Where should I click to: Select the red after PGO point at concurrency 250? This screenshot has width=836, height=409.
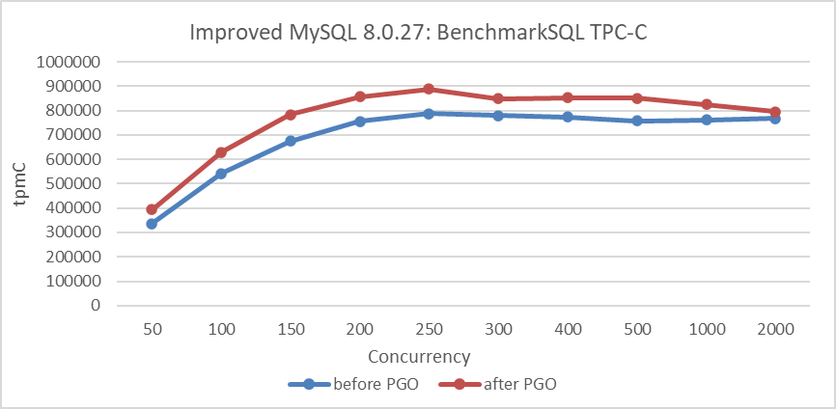click(429, 89)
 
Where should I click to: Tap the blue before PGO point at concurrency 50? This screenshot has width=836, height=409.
click(152, 224)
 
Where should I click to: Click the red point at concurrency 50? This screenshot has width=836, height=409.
click(152, 209)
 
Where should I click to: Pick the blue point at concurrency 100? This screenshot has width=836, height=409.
click(221, 174)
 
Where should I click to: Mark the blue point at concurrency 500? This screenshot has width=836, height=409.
click(637, 121)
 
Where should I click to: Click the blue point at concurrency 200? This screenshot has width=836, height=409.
click(359, 122)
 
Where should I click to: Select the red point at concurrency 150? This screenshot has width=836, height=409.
click(291, 115)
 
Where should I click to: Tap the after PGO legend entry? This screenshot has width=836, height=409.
click(509, 383)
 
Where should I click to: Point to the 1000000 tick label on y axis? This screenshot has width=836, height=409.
click(68, 62)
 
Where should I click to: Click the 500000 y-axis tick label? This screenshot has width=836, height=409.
click(72, 183)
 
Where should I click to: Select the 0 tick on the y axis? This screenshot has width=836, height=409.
click(95, 305)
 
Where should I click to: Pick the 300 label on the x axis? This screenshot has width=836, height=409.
click(498, 329)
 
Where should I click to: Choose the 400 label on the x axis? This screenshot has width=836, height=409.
click(568, 329)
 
